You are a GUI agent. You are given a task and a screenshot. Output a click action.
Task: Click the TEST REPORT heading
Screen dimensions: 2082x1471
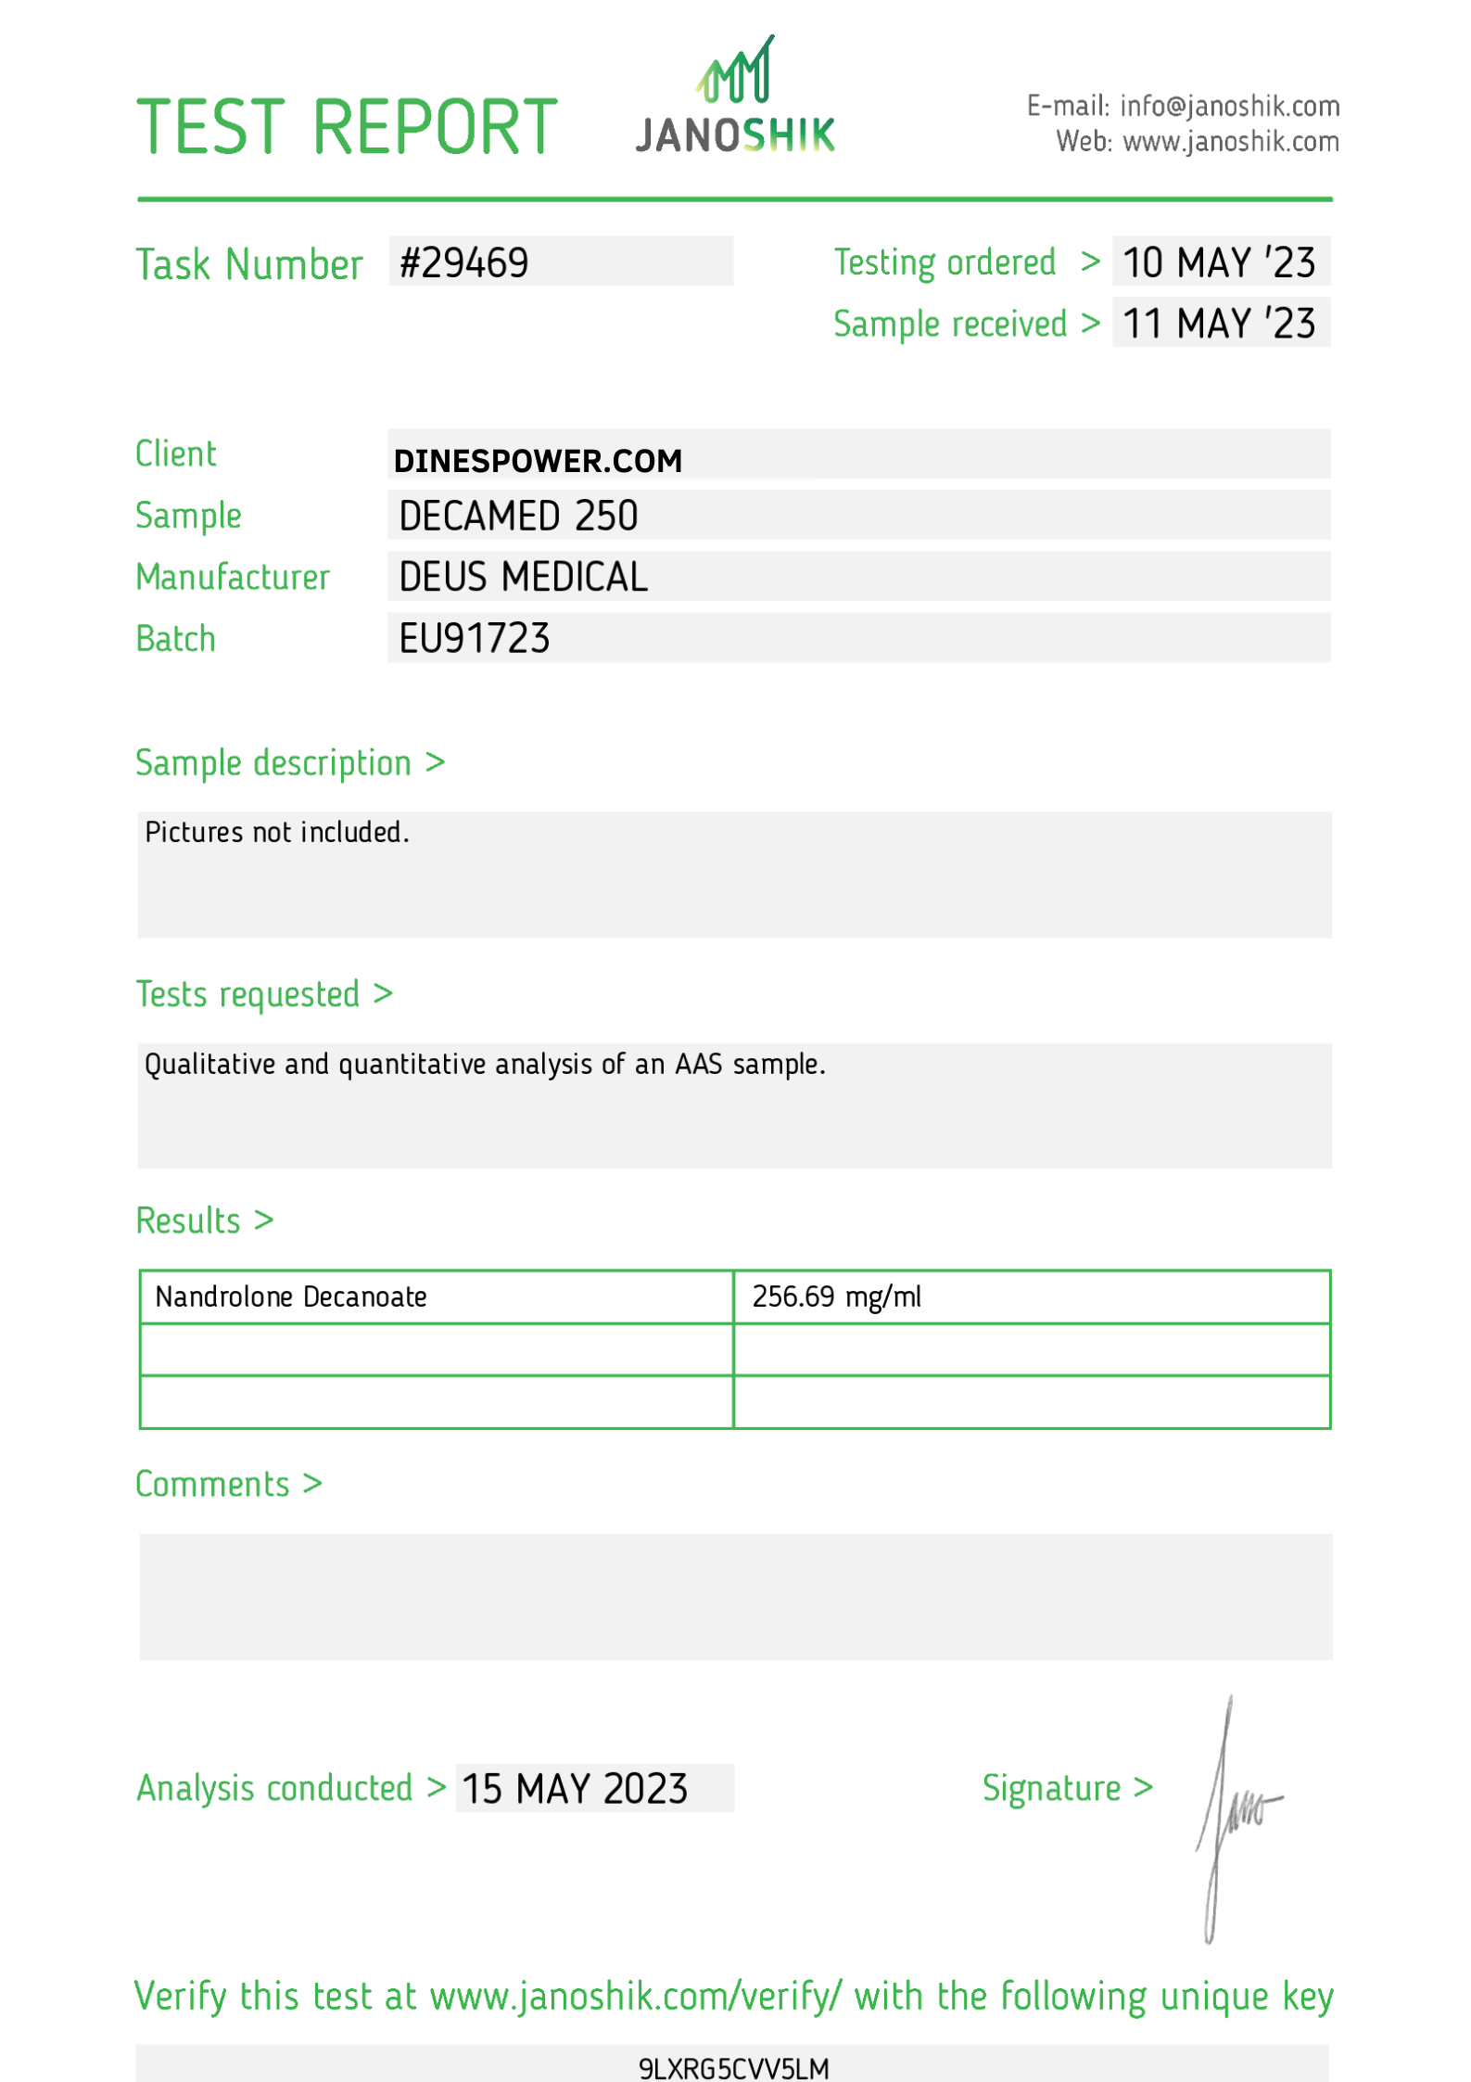click(347, 127)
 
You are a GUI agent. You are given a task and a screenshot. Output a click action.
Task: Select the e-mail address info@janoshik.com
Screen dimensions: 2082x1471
click(1229, 107)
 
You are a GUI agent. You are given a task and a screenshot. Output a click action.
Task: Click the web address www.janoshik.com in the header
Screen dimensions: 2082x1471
click(1230, 142)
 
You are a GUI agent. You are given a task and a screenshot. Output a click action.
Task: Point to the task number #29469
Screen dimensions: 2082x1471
click(463, 263)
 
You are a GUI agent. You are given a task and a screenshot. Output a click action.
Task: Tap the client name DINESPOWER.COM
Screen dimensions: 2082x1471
click(538, 461)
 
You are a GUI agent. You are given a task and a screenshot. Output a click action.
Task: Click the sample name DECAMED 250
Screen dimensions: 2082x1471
click(518, 517)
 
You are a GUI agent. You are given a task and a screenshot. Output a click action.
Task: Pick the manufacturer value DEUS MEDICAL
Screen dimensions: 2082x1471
click(523, 578)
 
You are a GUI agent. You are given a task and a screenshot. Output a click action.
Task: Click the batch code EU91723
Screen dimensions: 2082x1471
click(474, 639)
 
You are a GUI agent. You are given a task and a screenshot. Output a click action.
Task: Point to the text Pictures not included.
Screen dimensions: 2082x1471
click(276, 833)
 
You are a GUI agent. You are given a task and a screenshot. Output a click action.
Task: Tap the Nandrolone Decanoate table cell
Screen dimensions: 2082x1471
click(291, 1296)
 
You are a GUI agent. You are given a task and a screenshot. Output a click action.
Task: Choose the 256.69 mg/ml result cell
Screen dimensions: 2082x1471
click(836, 1296)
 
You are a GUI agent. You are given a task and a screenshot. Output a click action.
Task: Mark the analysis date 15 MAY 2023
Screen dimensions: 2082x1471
click(575, 1789)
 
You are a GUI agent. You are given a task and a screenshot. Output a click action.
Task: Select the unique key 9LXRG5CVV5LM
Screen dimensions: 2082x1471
click(733, 2068)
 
